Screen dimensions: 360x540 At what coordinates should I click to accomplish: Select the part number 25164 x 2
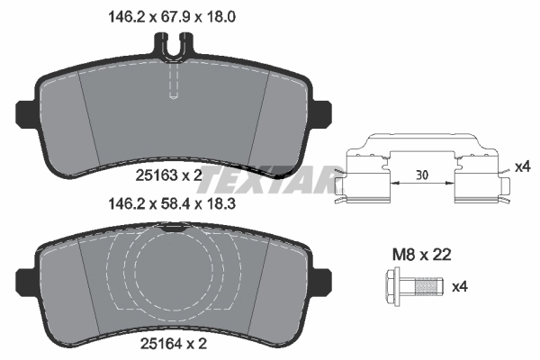coord(175,342)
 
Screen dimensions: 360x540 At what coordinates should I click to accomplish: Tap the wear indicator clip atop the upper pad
coord(175,42)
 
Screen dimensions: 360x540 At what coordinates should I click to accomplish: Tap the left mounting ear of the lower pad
coord(26,277)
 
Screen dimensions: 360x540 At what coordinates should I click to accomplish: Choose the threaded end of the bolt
coord(433,288)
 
